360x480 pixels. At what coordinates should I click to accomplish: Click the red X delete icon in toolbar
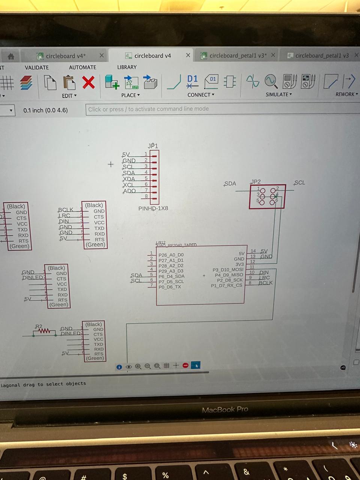pyautogui.click(x=88, y=82)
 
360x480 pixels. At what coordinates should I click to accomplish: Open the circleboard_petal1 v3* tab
pyautogui.click(x=238, y=55)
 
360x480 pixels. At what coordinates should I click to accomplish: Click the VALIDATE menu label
pyautogui.click(x=37, y=67)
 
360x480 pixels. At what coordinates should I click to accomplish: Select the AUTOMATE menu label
pyautogui.click(x=82, y=67)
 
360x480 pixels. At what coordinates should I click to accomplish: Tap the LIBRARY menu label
pyautogui.click(x=127, y=67)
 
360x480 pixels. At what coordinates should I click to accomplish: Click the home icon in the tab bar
pyautogui.click(x=11, y=57)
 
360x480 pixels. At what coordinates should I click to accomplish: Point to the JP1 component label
pyautogui.click(x=153, y=146)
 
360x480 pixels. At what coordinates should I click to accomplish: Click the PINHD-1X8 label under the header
pyautogui.click(x=153, y=208)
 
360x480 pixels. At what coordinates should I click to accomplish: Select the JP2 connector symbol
pyautogui.click(x=267, y=196)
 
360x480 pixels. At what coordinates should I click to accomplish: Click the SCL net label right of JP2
pyautogui.click(x=299, y=183)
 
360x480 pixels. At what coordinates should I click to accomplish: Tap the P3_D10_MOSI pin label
pyautogui.click(x=228, y=270)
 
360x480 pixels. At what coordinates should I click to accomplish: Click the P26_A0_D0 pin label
pyautogui.click(x=171, y=255)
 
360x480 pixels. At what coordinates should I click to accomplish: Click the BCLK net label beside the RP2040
pyautogui.click(x=265, y=283)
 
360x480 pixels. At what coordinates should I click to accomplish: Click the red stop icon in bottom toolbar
pyautogui.click(x=185, y=365)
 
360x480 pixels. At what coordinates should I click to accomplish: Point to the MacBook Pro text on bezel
pyautogui.click(x=225, y=409)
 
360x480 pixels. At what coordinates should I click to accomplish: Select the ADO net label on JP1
pyautogui.click(x=129, y=191)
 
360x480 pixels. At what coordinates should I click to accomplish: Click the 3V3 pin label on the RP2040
pyautogui.click(x=239, y=264)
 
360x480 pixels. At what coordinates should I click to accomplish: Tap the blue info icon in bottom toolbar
pyautogui.click(x=119, y=367)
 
